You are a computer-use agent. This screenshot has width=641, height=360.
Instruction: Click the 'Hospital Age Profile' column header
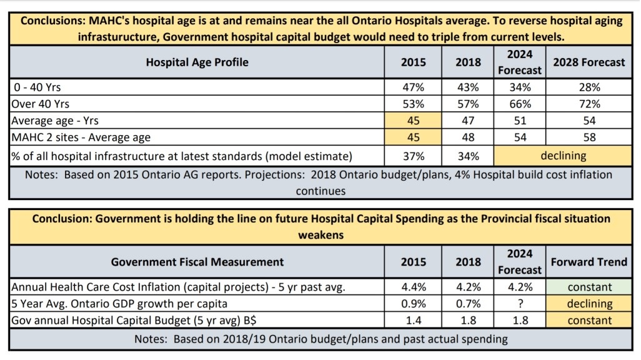point(197,62)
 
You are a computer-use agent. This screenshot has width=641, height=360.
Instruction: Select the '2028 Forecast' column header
point(589,62)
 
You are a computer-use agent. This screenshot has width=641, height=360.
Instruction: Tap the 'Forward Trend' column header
point(589,262)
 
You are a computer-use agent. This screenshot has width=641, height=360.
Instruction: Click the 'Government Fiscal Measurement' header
point(197,262)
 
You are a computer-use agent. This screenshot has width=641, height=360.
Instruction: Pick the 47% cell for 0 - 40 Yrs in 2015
point(414,87)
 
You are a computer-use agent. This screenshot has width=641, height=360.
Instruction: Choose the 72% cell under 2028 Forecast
point(589,104)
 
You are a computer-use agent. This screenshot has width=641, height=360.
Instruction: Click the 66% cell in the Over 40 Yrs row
point(520,104)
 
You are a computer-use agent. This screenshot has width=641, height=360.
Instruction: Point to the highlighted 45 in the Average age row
point(414,120)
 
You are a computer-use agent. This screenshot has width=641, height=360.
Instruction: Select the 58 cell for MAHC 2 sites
point(589,136)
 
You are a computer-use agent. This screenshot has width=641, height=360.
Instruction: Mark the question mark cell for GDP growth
point(520,304)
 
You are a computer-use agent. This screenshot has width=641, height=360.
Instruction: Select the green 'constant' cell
point(589,287)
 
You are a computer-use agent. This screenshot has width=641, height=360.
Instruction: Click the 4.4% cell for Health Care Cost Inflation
point(414,287)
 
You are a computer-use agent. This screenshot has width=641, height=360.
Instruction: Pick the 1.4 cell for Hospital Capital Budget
point(414,320)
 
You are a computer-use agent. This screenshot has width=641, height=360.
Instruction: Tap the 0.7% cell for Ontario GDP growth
point(469,304)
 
